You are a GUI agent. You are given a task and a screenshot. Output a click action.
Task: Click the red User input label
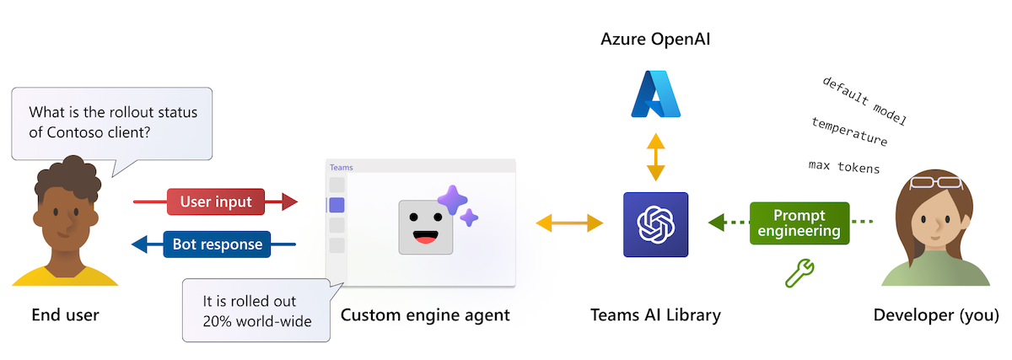coord(215,201)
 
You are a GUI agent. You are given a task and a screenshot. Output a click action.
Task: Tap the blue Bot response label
coord(217,245)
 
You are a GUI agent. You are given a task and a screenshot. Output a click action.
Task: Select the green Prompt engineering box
coord(799,223)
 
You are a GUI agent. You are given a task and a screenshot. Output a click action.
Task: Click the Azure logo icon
coord(655,94)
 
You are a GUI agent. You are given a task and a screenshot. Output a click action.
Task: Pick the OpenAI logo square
coord(655,224)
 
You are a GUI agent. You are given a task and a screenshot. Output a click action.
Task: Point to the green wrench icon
coord(798,272)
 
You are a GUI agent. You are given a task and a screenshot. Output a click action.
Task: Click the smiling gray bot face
coord(426,227)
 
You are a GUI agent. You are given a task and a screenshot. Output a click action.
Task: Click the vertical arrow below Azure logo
coord(655,157)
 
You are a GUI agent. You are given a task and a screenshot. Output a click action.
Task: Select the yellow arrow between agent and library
coord(570,223)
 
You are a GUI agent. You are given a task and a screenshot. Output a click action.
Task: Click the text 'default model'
coord(864,100)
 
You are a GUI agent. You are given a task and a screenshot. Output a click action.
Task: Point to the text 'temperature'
coord(849,132)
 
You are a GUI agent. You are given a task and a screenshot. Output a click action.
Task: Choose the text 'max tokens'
coord(843,167)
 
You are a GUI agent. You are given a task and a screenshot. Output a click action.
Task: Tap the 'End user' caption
coord(65,315)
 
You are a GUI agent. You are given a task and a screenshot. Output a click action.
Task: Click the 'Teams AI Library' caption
coord(656,315)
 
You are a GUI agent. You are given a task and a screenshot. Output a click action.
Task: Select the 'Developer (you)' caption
coord(936,315)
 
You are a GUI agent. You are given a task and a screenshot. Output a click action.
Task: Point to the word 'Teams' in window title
coord(341,167)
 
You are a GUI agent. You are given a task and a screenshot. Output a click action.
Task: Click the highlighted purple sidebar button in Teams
coord(336,205)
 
